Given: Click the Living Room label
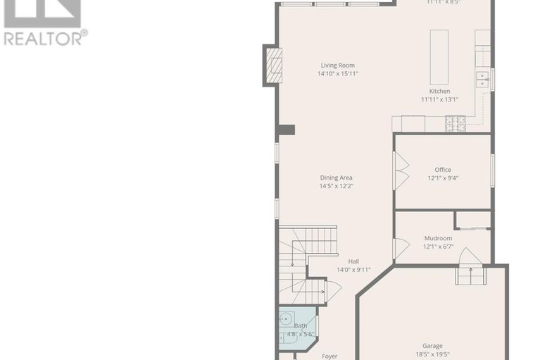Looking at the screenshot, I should [337, 65].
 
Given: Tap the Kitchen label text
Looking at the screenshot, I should [439, 91].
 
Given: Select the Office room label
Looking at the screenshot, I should [442, 169].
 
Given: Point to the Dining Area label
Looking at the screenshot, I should [336, 178].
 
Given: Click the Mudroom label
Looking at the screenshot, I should [437, 238].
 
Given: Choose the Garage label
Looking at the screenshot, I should [432, 346].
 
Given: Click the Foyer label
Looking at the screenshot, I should [329, 356].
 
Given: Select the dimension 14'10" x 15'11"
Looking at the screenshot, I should [337, 73].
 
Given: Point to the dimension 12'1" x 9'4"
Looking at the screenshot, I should [442, 178].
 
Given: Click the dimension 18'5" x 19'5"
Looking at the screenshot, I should [432, 354].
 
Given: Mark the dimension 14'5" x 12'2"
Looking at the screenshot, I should [336, 186].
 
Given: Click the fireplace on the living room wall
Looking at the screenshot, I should [272, 65].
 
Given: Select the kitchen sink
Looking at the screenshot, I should [483, 79].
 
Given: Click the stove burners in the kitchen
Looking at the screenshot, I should [455, 123].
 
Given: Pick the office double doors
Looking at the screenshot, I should [401, 171].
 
